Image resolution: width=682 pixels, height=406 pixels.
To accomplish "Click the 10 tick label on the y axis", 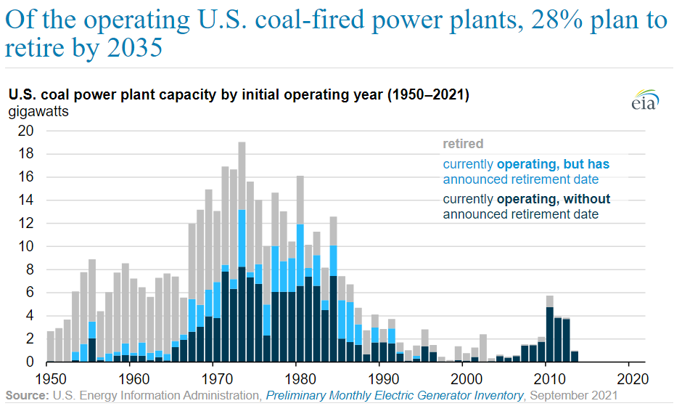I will tap(25, 246).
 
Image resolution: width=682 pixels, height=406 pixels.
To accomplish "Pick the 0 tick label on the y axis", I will tap(29, 362).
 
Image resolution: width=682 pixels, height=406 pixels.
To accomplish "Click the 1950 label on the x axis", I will tap(50, 378).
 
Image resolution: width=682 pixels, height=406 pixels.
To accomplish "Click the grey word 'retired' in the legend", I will tap(463, 144).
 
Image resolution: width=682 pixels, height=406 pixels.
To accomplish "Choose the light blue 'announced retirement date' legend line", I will tap(520, 179).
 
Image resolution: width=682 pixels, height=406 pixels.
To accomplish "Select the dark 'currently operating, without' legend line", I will tap(526, 199).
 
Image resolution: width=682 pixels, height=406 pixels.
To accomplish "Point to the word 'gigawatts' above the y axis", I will tap(38, 113).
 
